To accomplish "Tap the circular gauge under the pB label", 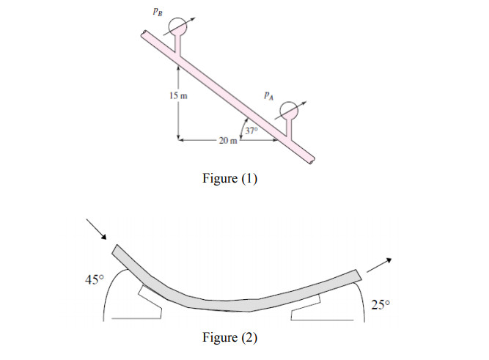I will pos(176,28).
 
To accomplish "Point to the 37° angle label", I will pos(251,131).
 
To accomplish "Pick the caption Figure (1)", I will pos(229,179).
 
